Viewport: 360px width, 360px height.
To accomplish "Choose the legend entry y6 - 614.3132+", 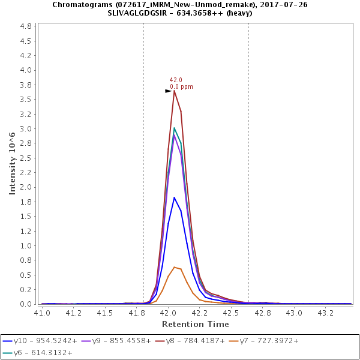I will [43, 353].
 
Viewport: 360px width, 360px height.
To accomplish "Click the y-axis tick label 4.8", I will [26, 27].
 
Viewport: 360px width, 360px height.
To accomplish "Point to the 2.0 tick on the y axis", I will [26, 187].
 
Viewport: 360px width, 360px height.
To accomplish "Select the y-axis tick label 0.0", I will [26, 304].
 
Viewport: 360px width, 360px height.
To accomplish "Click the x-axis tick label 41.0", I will [42, 313].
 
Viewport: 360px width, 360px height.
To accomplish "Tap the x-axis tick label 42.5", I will [231, 313].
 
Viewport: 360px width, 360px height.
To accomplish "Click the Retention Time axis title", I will [195, 324].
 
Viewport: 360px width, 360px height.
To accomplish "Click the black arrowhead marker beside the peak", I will [169, 91].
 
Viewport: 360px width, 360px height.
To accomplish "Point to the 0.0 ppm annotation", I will [182, 86].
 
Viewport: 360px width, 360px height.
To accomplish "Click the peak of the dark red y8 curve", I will [174, 91].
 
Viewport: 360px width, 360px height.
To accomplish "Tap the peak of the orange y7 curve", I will [174, 267].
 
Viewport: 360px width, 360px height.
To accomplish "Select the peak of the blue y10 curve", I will [174, 197].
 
